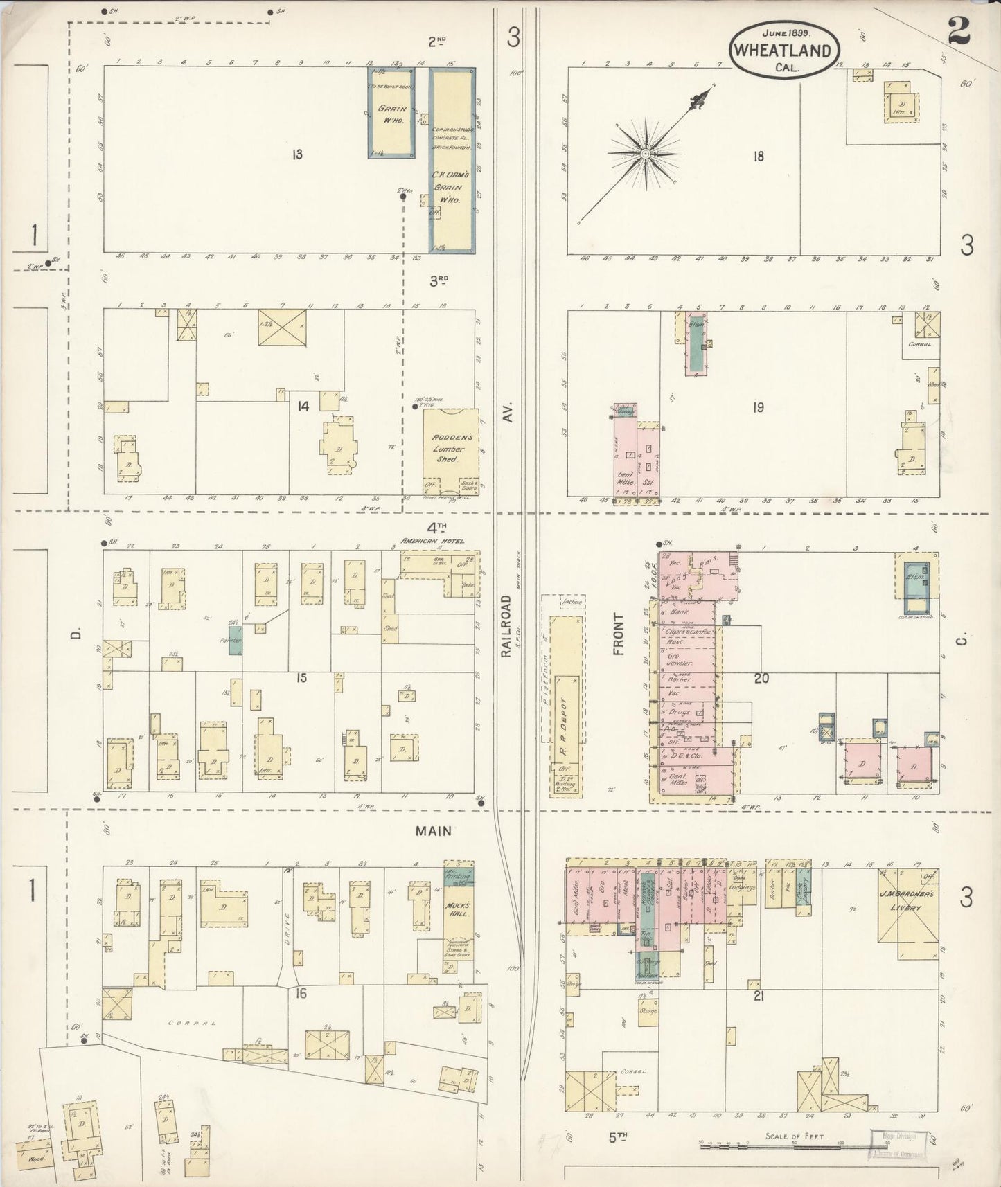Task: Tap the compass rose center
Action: (x=645, y=153)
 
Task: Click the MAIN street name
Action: (x=434, y=831)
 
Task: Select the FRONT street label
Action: (x=618, y=634)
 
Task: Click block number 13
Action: (x=297, y=154)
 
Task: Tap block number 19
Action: (x=759, y=407)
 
